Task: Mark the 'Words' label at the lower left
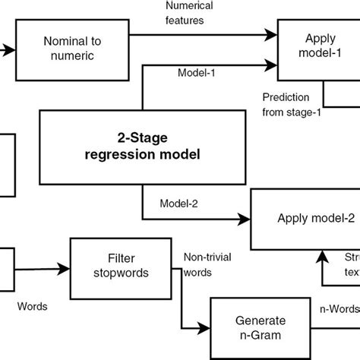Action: (x=33, y=306)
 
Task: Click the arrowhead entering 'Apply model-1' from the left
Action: (x=272, y=34)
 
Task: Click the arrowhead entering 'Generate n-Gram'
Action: (x=205, y=327)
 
